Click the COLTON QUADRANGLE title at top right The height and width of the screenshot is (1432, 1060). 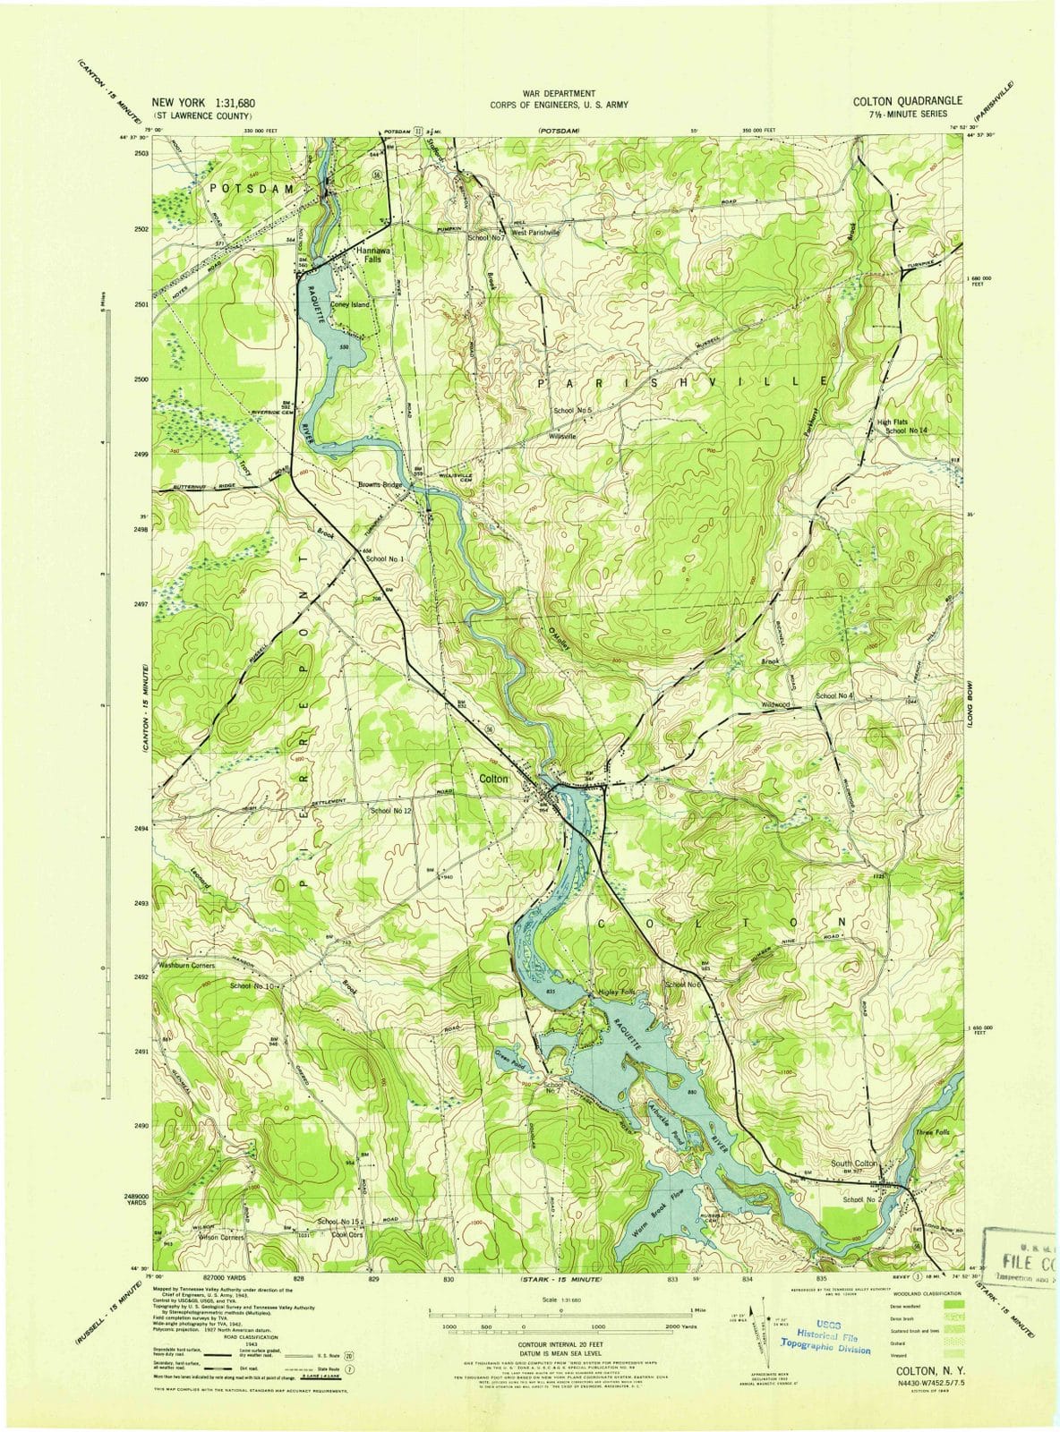pos(908,101)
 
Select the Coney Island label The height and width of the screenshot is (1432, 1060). pos(349,304)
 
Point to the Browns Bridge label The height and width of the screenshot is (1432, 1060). pos(380,485)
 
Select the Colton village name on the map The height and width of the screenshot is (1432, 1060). pos(493,779)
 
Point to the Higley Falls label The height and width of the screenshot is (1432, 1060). pos(615,993)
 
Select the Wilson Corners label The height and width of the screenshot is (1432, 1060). pos(221,1237)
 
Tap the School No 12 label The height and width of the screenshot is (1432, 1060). pos(390,810)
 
